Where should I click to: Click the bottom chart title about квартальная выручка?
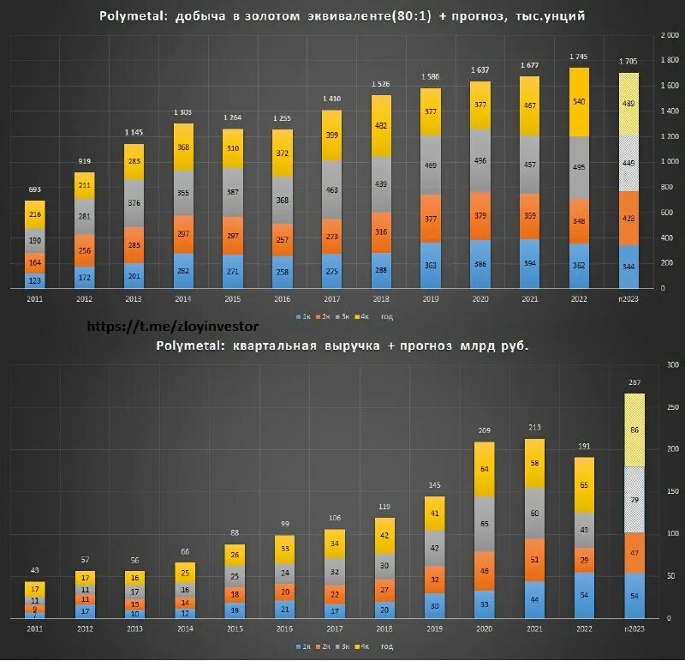pos(342,345)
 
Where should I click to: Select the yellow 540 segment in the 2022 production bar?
pos(580,100)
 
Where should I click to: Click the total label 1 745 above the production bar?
pos(580,58)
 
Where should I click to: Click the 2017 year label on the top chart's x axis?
pos(331,297)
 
